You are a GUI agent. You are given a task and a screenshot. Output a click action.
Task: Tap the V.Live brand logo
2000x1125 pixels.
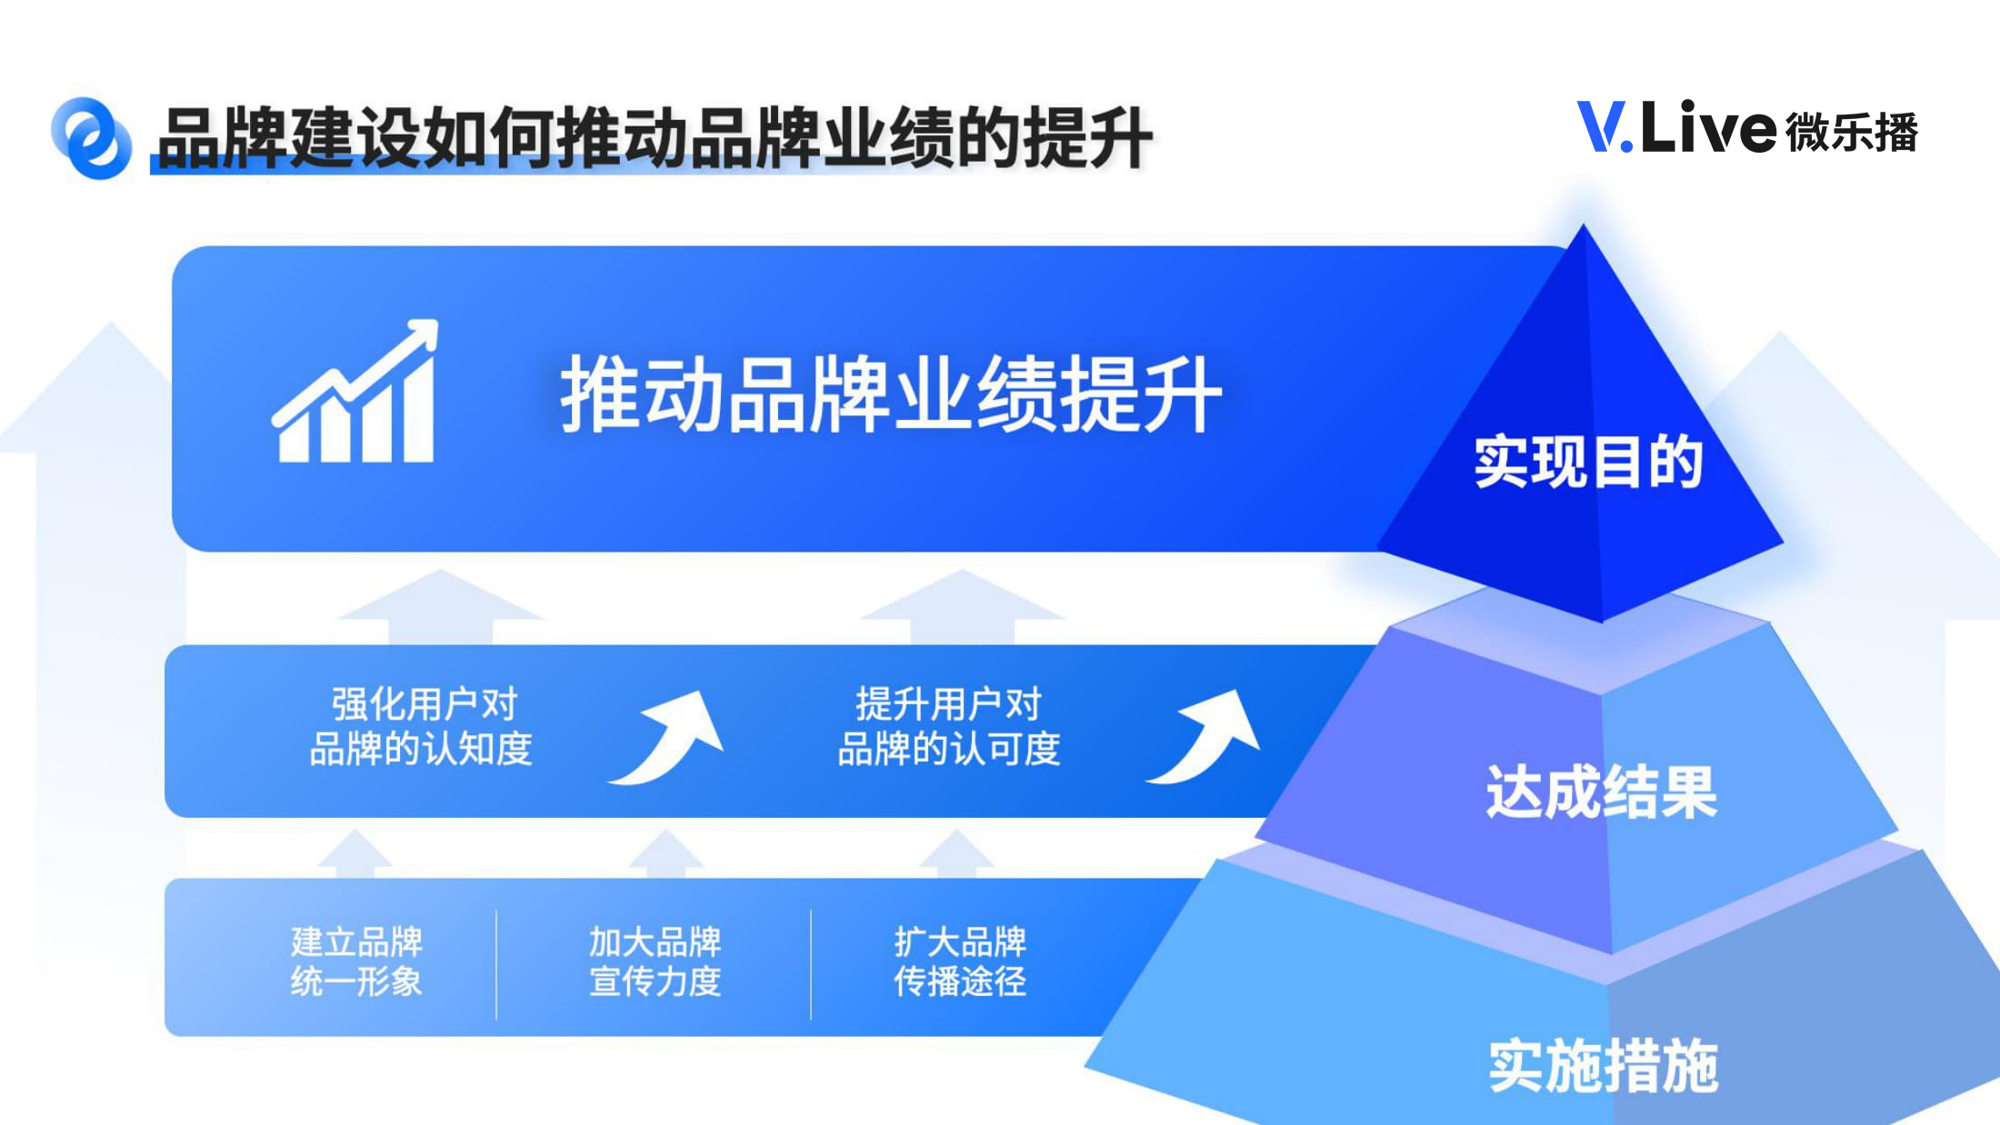click(1746, 127)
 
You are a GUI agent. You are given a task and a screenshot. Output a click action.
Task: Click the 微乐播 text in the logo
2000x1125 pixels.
click(1852, 132)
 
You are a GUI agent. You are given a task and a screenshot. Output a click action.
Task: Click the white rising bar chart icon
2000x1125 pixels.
click(355, 391)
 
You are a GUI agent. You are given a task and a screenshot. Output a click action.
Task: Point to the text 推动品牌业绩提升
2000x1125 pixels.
click(891, 394)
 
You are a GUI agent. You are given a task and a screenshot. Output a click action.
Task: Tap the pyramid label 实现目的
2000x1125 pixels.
click(1588, 462)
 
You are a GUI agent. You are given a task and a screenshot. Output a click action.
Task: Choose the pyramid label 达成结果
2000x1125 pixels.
click(1602, 791)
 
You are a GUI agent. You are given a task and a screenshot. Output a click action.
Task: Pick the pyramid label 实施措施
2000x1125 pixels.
click(1604, 1065)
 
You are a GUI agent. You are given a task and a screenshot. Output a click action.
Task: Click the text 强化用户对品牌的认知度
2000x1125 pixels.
click(422, 726)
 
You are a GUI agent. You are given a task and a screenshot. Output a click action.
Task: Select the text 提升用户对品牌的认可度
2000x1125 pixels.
click(949, 726)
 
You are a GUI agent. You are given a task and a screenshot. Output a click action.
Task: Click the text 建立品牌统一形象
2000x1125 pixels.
click(357, 961)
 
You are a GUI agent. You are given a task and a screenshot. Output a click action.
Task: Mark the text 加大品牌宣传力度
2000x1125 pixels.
click(655, 961)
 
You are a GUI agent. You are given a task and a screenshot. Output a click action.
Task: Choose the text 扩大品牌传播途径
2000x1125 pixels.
click(960, 961)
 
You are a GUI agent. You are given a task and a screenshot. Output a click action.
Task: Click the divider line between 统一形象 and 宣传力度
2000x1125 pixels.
click(496, 964)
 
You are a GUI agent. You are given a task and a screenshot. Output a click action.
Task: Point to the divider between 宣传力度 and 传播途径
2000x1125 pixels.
click(811, 964)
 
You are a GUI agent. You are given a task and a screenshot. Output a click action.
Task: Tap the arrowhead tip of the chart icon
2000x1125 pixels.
click(436, 322)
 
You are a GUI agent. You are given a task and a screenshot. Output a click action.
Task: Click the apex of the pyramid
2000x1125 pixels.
click(1584, 224)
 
